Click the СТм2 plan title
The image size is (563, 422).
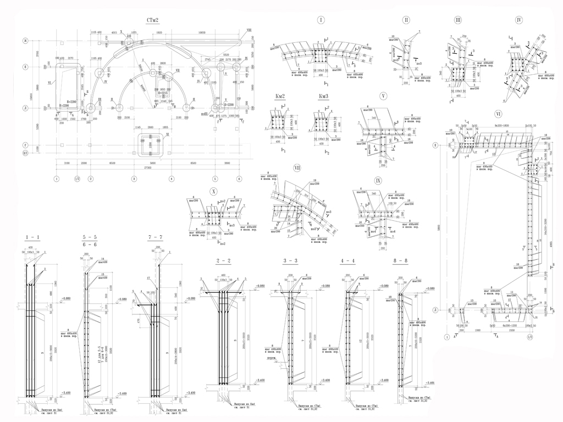tap(152, 20)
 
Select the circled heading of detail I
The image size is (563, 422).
tap(321, 20)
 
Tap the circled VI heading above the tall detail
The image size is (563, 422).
tap(498, 114)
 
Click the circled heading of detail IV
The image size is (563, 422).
tap(519, 20)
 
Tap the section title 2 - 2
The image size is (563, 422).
tap(223, 260)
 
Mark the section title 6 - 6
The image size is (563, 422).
tap(90, 245)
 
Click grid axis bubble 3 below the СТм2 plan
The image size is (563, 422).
tap(134, 179)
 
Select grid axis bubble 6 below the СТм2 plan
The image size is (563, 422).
tap(239, 179)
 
